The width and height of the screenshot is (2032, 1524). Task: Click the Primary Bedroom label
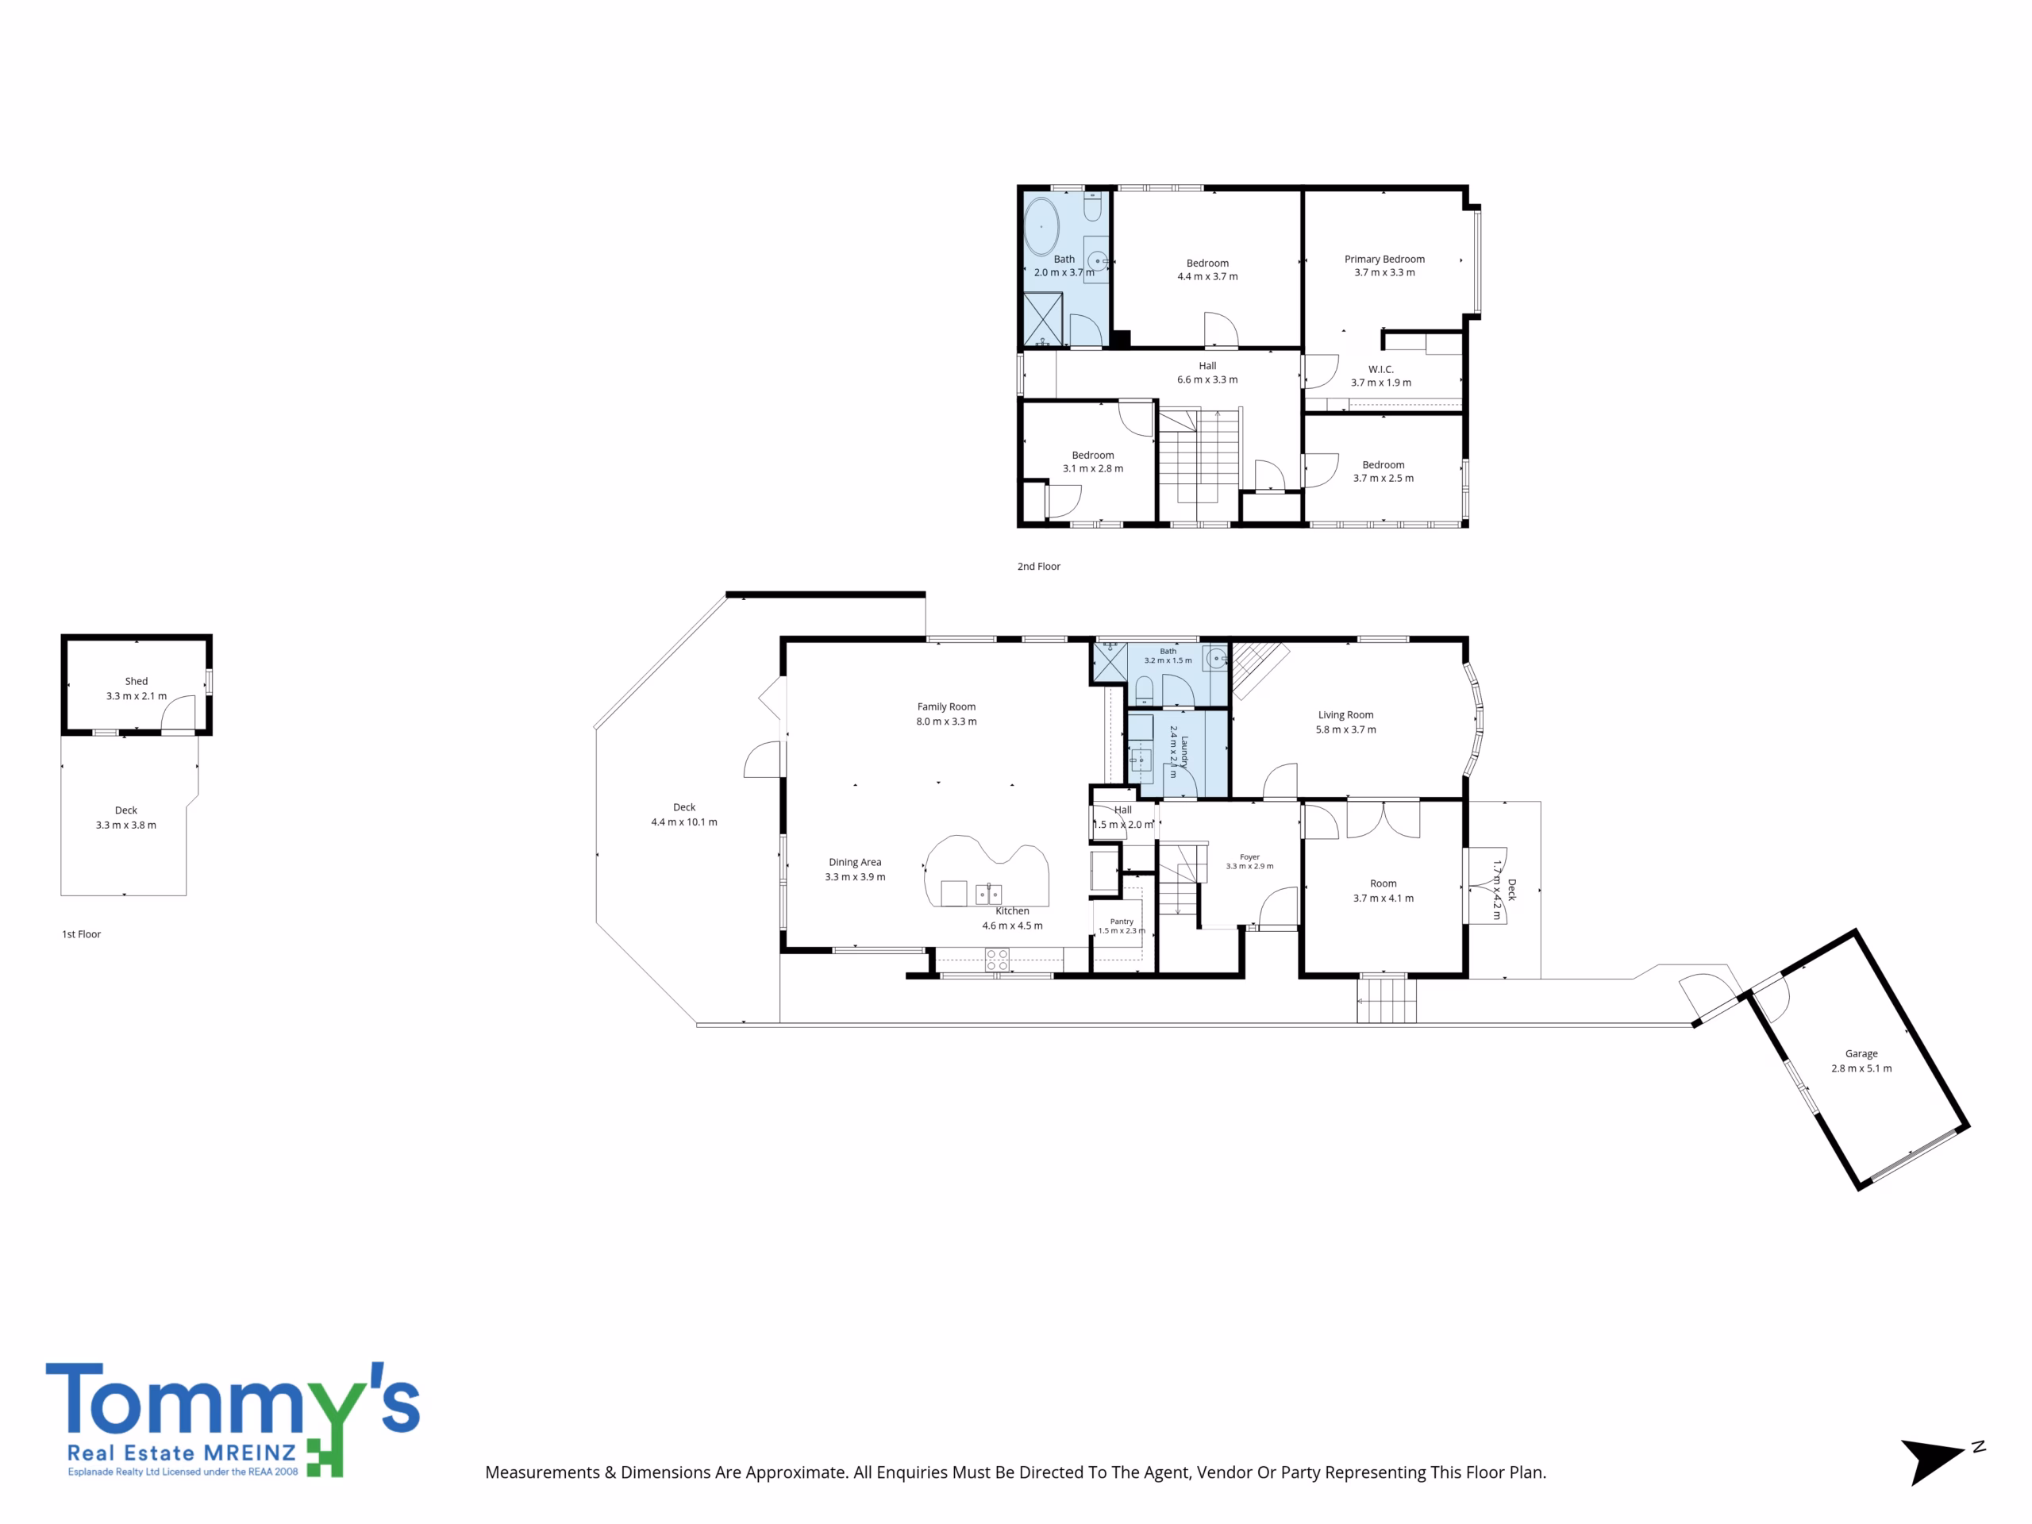(x=1384, y=259)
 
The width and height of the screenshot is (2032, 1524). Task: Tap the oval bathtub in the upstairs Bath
(x=1041, y=226)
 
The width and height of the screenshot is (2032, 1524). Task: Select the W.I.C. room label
(x=1380, y=369)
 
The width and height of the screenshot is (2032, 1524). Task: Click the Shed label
(x=136, y=682)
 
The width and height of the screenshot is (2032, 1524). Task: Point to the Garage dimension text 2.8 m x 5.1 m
(x=1861, y=1068)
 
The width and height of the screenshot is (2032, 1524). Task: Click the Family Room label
(x=946, y=706)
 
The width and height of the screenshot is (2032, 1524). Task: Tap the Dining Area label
(x=854, y=862)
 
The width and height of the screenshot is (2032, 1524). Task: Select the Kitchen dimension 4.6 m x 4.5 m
(x=1012, y=926)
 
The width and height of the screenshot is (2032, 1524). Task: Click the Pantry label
(x=1122, y=922)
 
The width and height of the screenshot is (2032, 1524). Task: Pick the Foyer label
(x=1249, y=857)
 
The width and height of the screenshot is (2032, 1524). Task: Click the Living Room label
(x=1345, y=714)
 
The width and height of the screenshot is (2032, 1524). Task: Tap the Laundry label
(x=1185, y=752)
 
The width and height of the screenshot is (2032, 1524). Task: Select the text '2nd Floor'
(x=1038, y=567)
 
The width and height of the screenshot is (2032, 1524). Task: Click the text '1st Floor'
(x=81, y=934)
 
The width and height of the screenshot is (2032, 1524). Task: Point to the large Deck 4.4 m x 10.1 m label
(x=684, y=815)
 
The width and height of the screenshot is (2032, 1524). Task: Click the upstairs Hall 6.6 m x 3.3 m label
(x=1207, y=373)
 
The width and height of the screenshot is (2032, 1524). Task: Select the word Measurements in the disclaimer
(x=542, y=1472)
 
